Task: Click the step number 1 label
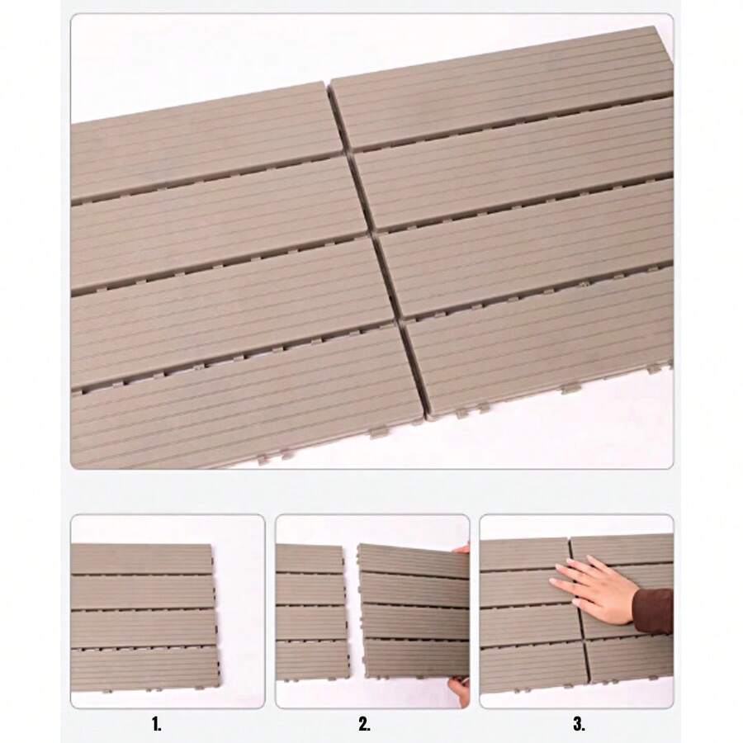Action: [156, 724]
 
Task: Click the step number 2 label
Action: [364, 724]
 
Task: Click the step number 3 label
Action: [579, 724]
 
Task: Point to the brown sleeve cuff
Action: [653, 611]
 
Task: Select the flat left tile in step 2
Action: [311, 613]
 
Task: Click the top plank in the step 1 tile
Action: [141, 559]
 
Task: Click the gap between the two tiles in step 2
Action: [353, 613]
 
